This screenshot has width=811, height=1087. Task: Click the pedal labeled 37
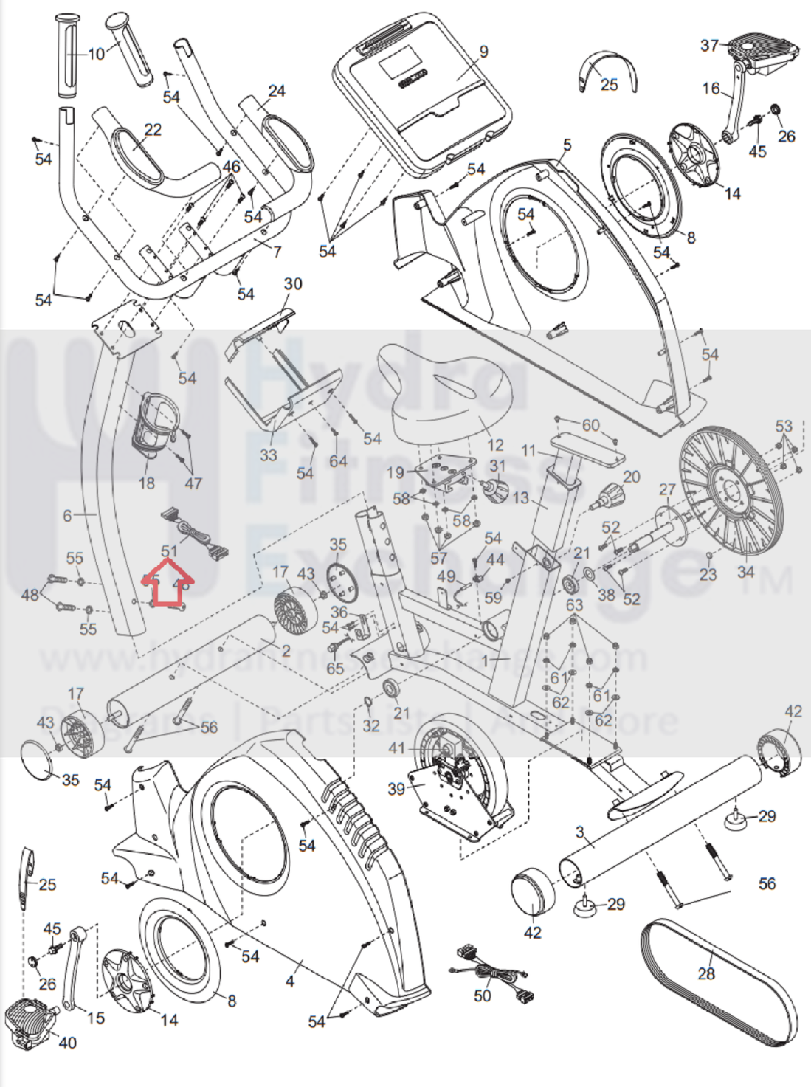click(764, 52)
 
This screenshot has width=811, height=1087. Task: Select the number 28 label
click(706, 973)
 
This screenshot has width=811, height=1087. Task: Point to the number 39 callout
click(396, 788)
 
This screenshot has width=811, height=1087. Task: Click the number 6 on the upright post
click(67, 515)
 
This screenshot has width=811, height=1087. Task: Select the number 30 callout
click(293, 283)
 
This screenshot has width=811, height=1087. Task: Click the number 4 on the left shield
click(290, 981)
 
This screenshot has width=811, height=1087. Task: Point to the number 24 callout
click(277, 91)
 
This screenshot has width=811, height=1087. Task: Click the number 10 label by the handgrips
click(97, 54)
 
